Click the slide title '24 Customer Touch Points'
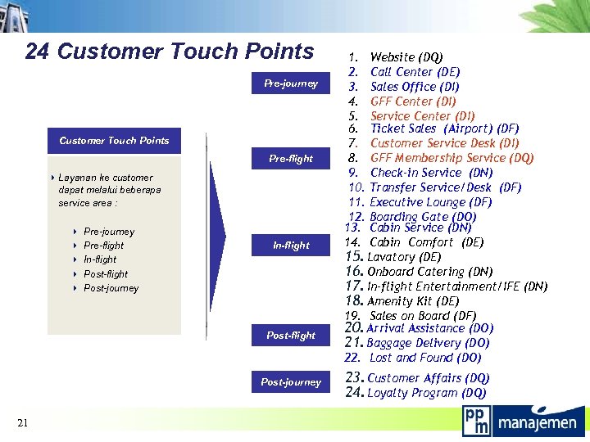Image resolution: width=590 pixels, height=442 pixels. tap(170, 52)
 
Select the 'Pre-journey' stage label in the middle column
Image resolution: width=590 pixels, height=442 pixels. tap(291, 83)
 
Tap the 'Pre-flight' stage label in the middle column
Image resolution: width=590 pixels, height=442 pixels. tap(291, 159)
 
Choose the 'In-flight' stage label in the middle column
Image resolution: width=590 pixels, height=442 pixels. tap(291, 246)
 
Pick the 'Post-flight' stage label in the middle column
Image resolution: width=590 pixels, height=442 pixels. tap(291, 336)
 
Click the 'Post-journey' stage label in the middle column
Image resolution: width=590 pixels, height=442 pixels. tap(291, 382)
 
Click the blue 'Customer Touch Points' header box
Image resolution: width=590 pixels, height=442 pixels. tap(114, 141)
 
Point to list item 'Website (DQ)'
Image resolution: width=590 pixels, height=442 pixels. tap(406, 57)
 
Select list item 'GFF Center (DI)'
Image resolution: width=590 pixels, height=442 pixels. tap(413, 101)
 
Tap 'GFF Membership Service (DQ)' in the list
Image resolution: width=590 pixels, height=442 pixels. tap(452, 158)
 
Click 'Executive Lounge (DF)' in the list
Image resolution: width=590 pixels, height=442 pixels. tap(430, 202)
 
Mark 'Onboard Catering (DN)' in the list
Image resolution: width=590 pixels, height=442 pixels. tap(429, 272)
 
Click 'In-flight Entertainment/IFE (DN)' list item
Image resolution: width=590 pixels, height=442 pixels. tap(457, 286)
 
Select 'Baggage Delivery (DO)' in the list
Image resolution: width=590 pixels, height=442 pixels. tap(428, 343)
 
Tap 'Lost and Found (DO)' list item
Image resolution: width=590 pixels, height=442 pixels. tap(425, 358)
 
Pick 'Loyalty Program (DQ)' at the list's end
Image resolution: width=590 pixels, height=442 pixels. tap(426, 393)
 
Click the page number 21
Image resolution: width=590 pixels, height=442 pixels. tap(22, 422)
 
